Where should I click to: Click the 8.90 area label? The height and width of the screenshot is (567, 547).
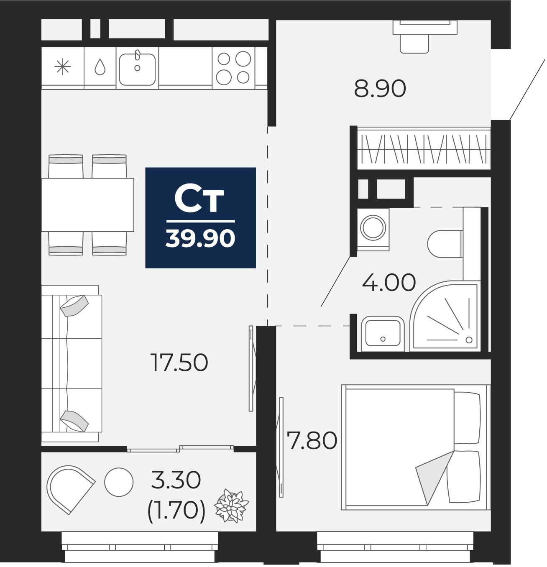(x=380, y=89)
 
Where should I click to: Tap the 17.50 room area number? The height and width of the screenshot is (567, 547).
(x=179, y=363)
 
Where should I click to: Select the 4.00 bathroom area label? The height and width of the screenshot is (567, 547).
(x=389, y=282)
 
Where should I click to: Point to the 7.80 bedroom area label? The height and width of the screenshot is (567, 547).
(x=312, y=441)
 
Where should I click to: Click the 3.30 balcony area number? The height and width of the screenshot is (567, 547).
(x=176, y=480)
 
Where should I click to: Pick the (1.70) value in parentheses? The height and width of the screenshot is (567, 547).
(x=176, y=510)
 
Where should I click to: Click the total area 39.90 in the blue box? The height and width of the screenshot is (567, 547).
(x=200, y=238)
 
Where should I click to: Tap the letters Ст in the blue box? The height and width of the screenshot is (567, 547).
(x=199, y=199)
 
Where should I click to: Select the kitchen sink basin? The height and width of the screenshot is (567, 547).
(x=137, y=69)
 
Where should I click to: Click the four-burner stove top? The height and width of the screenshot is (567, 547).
(x=233, y=68)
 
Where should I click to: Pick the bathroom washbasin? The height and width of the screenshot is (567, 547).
(x=383, y=332)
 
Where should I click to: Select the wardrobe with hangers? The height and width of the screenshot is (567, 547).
(x=423, y=149)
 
